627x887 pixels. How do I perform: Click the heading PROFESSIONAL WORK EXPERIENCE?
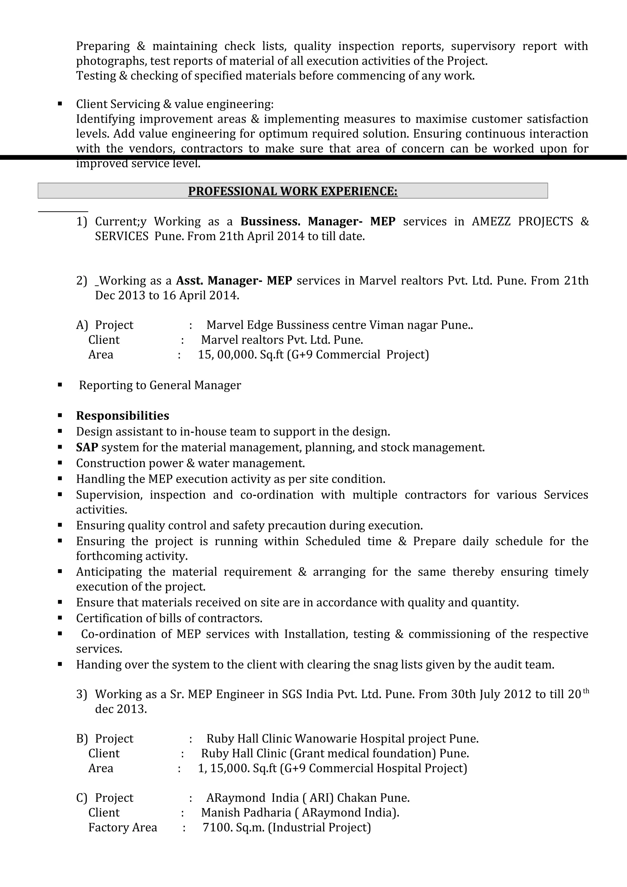pos(292,191)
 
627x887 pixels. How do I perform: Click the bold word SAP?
pos(87,447)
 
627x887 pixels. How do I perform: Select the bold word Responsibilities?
pos(122,416)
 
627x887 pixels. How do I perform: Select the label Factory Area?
pos(122,828)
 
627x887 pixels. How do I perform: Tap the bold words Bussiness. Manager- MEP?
pos(317,221)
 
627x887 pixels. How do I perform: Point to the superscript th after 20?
pos(586,691)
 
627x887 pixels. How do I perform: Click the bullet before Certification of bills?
pos(60,618)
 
